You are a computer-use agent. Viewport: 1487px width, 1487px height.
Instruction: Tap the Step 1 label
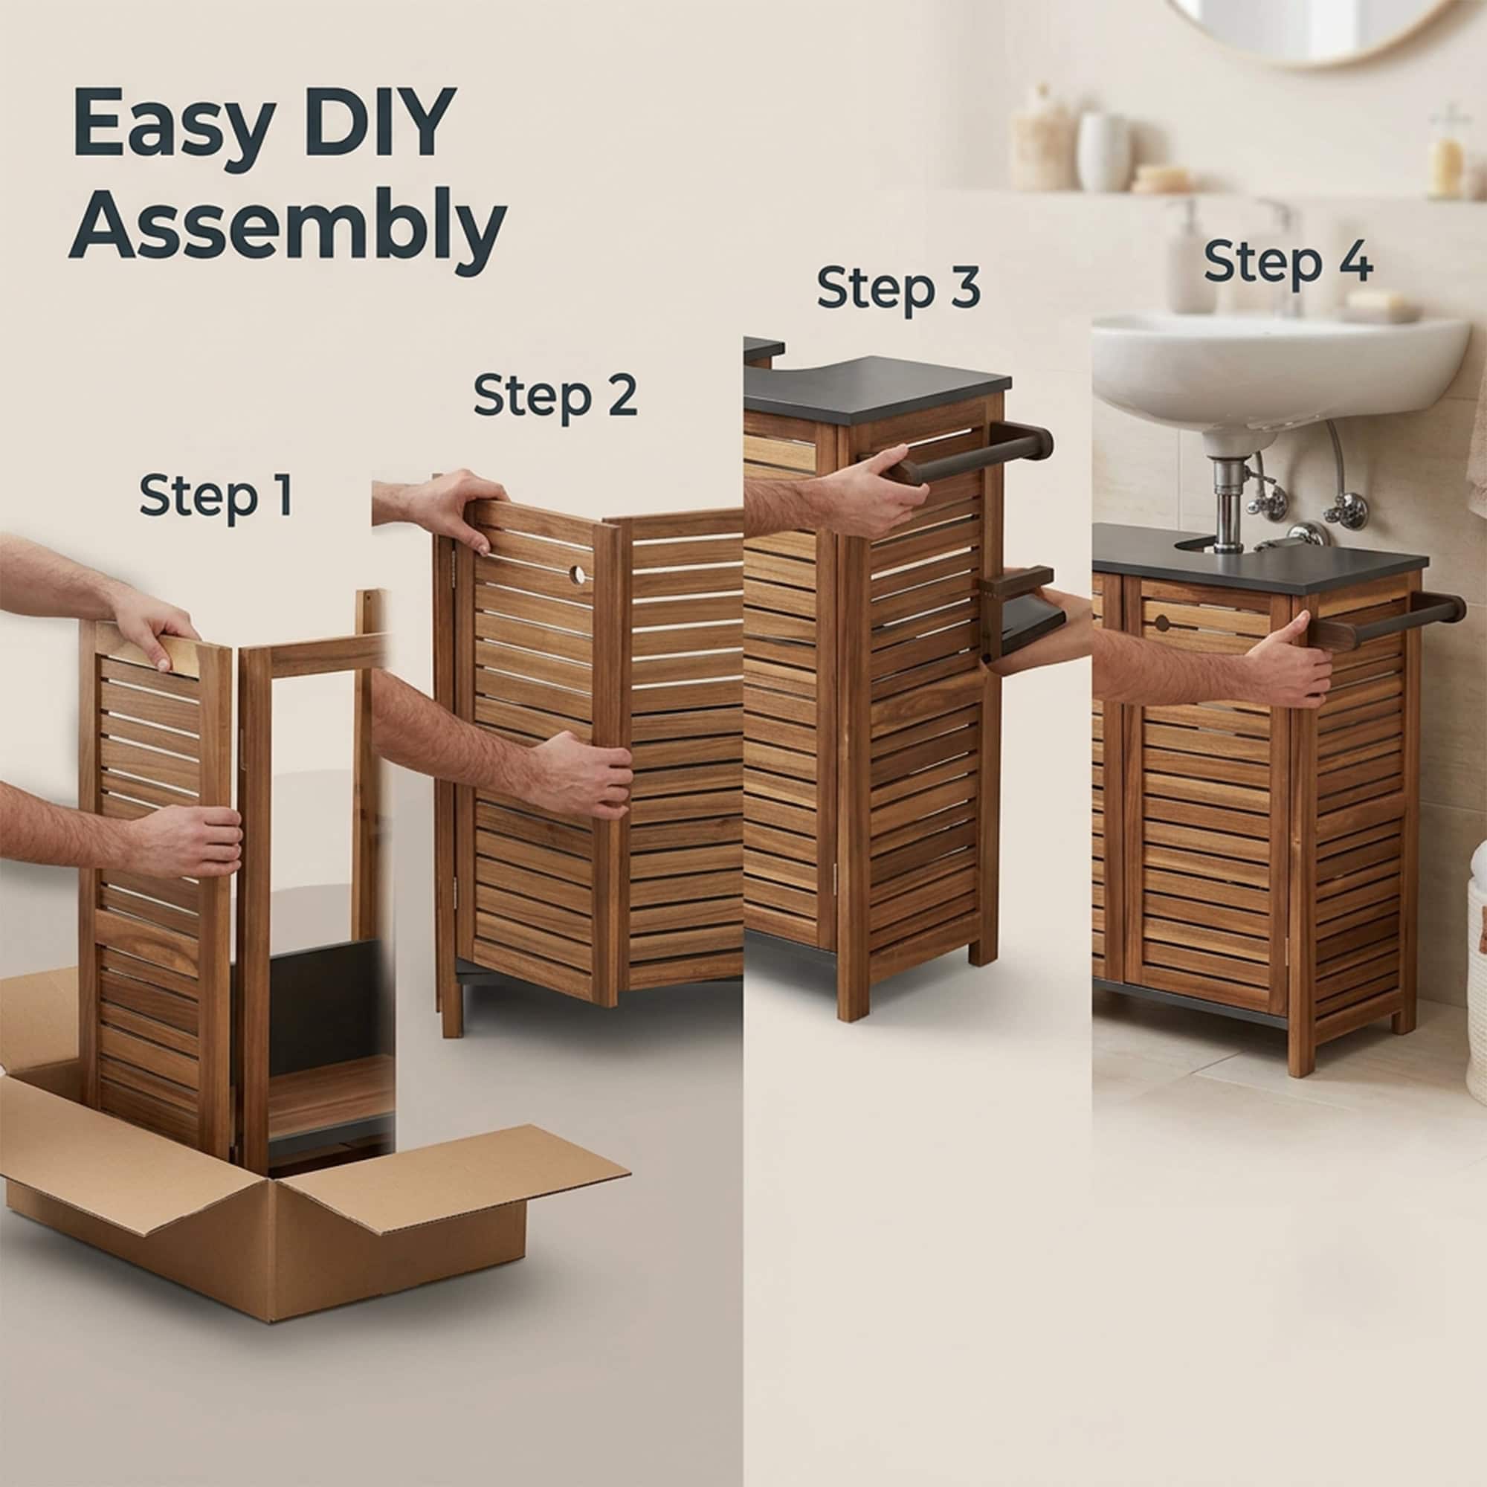(216, 497)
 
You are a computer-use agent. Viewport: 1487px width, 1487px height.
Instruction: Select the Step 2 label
(555, 396)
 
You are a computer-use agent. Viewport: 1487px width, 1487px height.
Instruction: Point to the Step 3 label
(898, 288)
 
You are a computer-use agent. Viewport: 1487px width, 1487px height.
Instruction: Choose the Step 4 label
(1288, 262)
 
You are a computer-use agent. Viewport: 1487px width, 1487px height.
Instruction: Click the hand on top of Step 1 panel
(154, 631)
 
